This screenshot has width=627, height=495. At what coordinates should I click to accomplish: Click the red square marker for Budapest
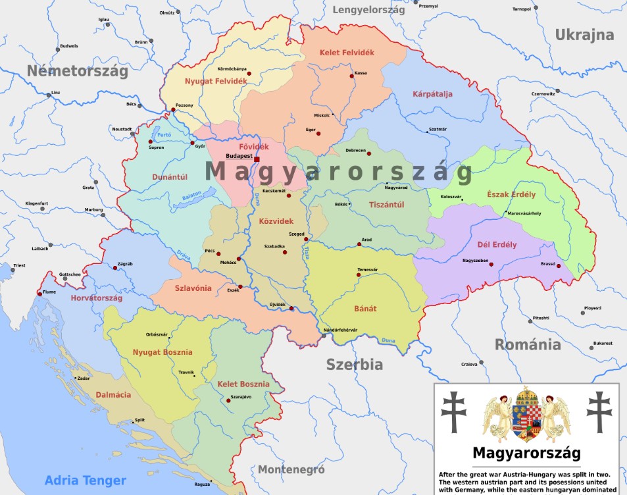257,159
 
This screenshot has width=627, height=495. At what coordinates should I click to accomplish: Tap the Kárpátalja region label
432,94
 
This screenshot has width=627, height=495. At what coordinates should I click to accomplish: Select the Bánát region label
366,308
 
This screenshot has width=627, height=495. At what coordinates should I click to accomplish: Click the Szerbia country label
355,365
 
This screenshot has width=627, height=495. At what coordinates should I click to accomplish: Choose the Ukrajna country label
584,36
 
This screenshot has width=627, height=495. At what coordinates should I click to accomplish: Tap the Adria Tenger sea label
85,481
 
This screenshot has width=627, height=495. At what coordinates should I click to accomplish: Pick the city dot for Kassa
352,76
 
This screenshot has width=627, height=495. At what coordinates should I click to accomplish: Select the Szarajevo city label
241,397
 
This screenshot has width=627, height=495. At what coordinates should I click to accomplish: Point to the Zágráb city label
125,264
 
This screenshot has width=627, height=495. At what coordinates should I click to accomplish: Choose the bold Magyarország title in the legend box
526,454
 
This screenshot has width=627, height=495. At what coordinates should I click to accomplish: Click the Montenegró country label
291,470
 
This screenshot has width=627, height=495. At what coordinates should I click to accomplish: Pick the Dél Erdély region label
497,245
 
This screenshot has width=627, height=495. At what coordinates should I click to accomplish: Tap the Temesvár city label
367,270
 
